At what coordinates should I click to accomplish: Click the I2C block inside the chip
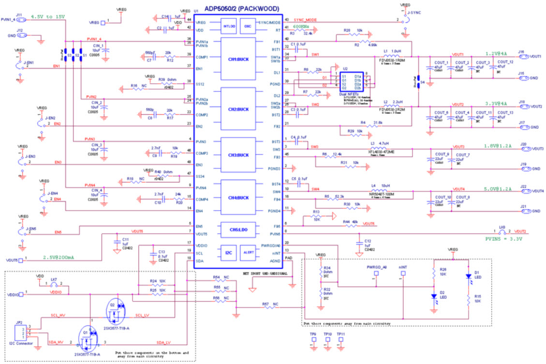point(228,252)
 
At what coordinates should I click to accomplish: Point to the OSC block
point(248,26)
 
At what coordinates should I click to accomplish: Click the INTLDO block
point(228,26)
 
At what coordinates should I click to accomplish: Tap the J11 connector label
point(19,15)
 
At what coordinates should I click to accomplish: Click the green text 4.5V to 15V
point(47,16)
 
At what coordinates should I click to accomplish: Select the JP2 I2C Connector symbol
point(19,332)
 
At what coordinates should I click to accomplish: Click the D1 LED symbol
point(468,276)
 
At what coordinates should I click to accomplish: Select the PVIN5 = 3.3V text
point(504,239)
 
